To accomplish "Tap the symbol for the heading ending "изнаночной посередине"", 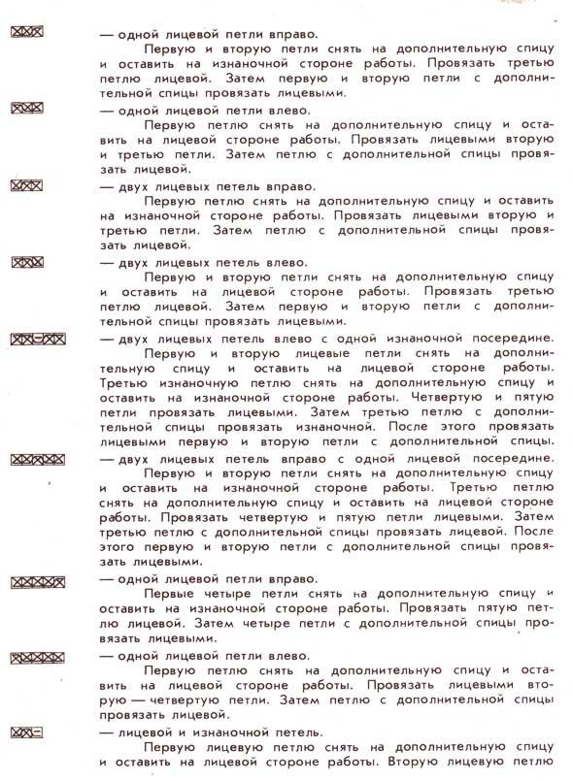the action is [37, 339].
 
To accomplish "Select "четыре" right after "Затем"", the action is [283, 623].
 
